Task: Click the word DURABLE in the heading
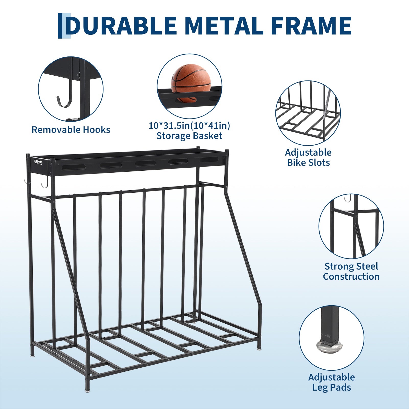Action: [121, 26]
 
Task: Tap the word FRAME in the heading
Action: [311, 26]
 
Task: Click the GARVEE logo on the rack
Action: [38, 162]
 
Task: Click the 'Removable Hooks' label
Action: [71, 130]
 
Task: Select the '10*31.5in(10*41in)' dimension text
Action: [189, 125]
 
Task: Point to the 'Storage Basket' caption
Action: [189, 136]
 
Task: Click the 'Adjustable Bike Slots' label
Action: [308, 157]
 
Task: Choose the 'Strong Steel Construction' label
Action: [351, 271]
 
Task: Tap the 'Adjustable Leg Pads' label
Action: [332, 382]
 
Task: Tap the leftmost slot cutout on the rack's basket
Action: [74, 167]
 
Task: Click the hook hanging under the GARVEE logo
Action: [45, 182]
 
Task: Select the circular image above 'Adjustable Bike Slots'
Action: [308, 113]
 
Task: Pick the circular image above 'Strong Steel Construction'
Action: [351, 226]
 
